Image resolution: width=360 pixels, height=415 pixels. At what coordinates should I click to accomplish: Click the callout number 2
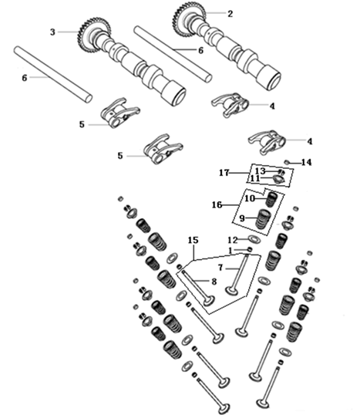pos(230,14)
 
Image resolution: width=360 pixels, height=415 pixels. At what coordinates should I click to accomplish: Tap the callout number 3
pos(53,32)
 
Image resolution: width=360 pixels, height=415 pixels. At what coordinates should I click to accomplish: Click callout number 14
pos(306,162)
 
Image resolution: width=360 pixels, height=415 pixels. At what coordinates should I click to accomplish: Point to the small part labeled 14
pos(287,162)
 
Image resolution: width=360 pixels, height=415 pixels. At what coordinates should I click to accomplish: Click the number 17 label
pos(224,173)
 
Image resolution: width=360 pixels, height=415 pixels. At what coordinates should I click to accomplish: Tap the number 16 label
pos(217,204)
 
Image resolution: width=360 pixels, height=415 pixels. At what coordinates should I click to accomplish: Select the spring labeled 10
pos(271,200)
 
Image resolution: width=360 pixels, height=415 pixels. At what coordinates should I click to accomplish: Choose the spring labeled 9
pos(264,218)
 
